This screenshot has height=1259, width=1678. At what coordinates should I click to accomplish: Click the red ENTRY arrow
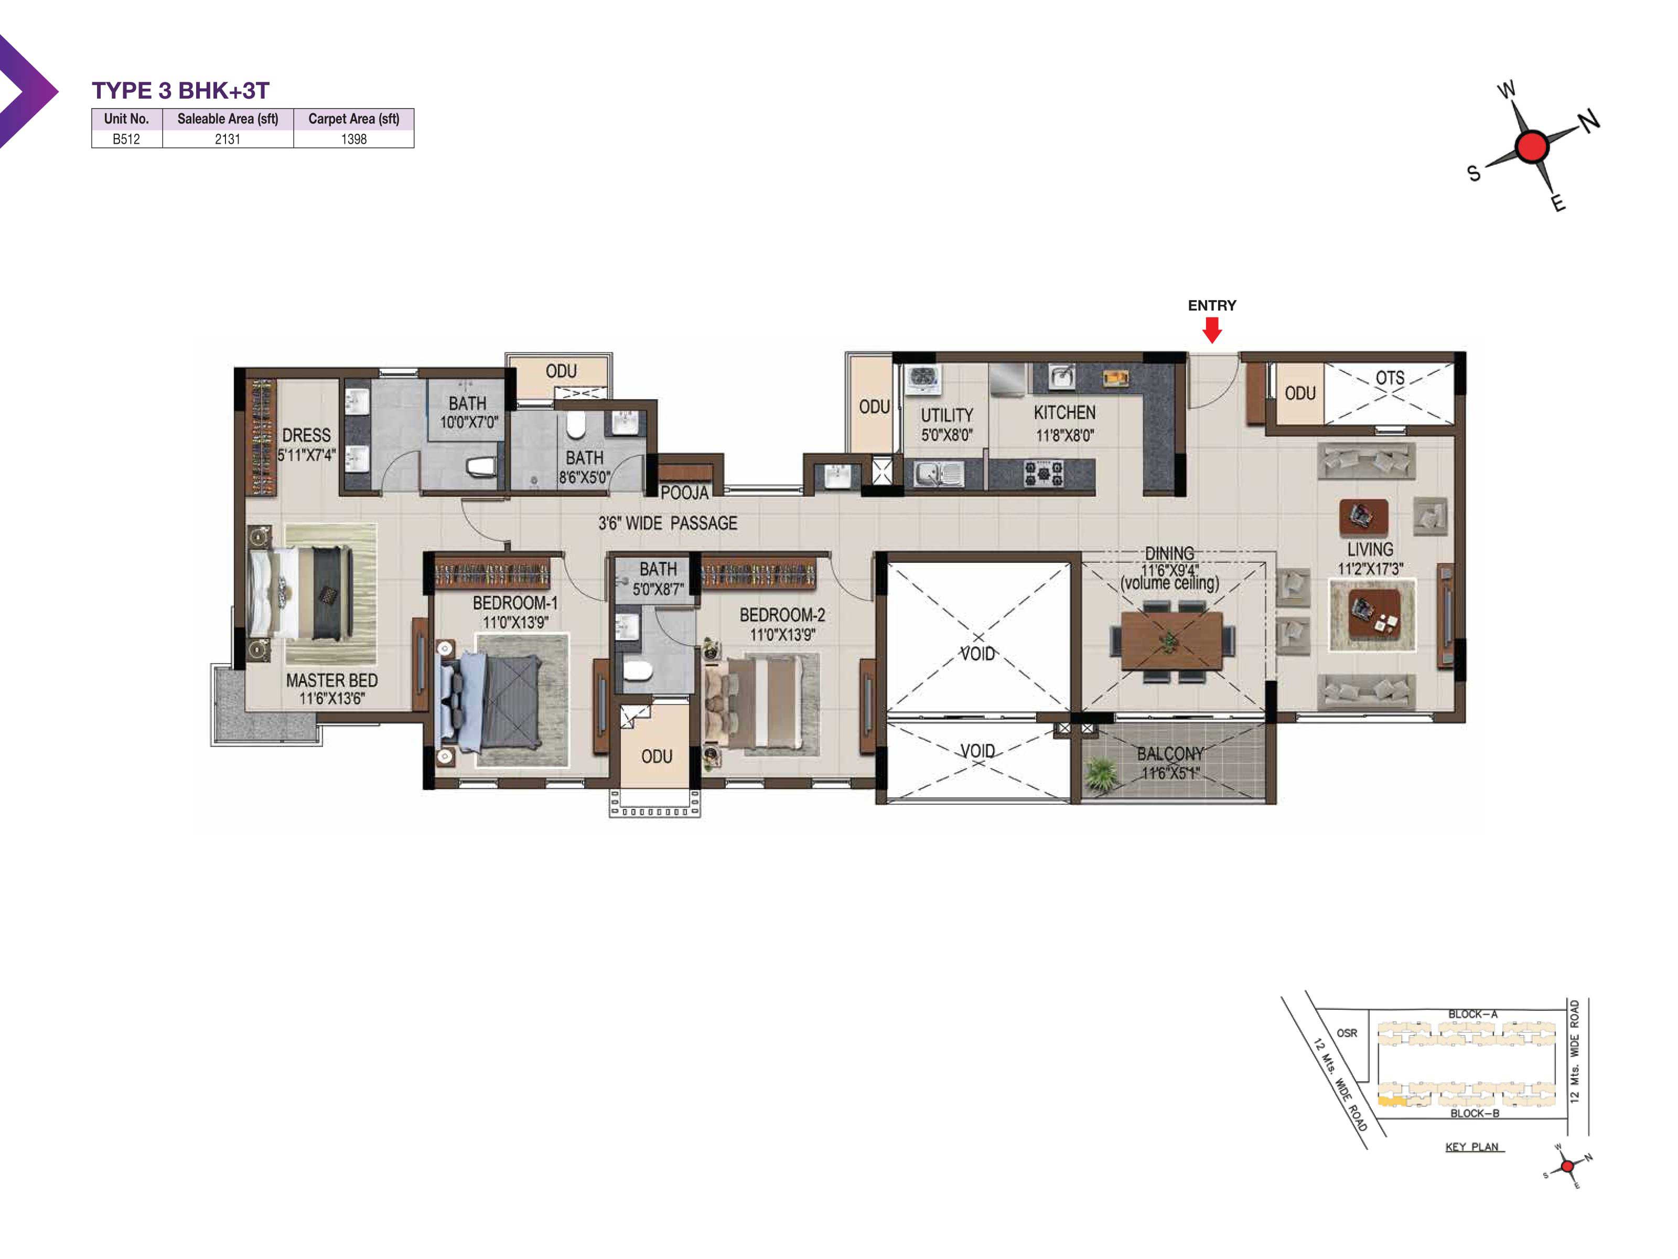1211,330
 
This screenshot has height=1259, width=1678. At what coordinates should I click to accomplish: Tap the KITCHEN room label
1064,413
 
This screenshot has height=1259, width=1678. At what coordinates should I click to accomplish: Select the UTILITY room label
946,415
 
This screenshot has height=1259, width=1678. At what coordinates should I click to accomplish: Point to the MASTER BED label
331,680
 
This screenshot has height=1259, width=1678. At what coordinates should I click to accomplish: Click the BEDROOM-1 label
515,603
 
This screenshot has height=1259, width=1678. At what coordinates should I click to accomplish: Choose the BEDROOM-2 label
782,615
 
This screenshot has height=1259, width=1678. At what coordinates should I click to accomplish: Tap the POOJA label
684,493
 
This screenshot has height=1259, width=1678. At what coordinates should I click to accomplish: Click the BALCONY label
1170,754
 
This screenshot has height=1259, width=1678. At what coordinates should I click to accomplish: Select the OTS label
1390,378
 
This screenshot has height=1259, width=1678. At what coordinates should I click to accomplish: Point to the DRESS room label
306,435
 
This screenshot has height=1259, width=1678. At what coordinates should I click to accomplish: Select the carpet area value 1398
353,139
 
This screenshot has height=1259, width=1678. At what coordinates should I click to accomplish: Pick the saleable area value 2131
228,139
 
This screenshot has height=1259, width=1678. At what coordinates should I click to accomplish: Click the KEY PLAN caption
1472,1147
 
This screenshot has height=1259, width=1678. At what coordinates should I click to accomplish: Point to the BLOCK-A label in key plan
1472,1014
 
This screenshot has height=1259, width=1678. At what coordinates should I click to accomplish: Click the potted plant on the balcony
1101,775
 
